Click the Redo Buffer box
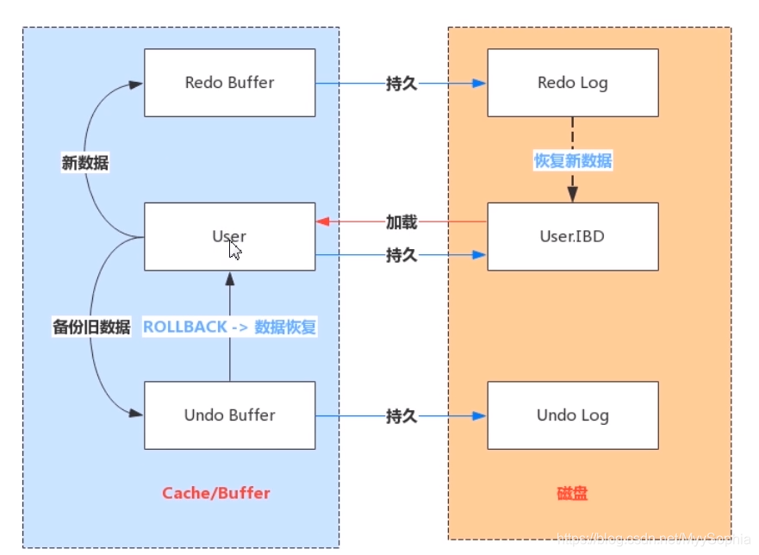coord(229,83)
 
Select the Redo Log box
coord(572,83)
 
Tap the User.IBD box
coord(572,236)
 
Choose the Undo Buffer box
coord(229,415)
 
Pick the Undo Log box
coord(572,415)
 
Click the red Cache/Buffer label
coord(216,493)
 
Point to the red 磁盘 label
coord(572,494)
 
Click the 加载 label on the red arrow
coord(401,222)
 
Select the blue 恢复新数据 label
coord(573,160)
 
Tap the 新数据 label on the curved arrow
coord(85,163)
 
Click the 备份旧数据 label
coord(91,327)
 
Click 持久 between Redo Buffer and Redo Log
coord(401,84)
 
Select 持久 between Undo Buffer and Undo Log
coord(401,416)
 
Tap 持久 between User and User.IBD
coord(401,255)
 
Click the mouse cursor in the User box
coord(234,249)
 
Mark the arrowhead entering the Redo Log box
coord(481,84)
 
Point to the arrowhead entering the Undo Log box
coord(481,416)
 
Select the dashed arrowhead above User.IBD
coord(573,196)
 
